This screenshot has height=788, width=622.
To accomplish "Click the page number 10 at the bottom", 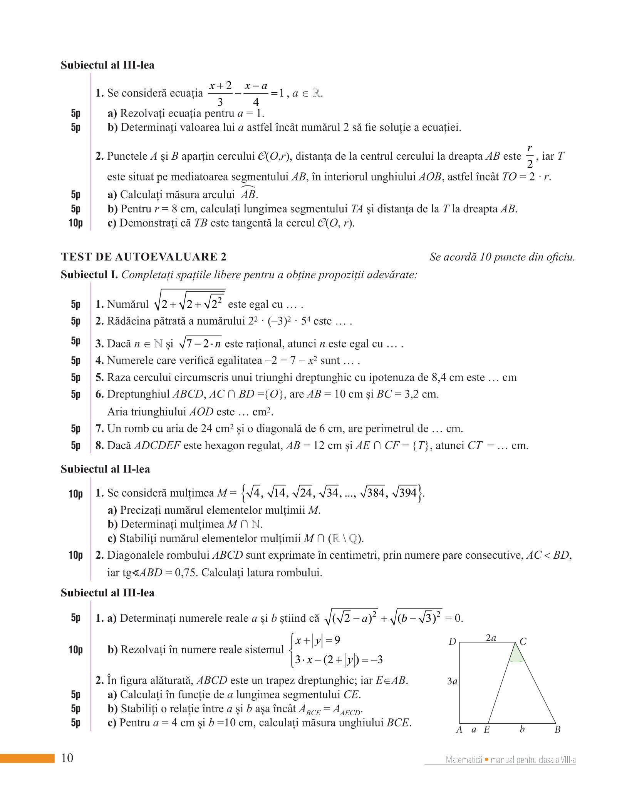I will (67, 758).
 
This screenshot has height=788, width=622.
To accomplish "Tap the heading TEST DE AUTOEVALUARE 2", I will (144, 257).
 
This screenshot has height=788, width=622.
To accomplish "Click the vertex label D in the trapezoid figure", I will (452, 641).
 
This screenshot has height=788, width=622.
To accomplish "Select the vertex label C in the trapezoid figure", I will (523, 641).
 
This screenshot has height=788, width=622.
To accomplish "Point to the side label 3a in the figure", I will (452, 681).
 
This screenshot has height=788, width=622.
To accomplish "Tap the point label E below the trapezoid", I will (487, 730).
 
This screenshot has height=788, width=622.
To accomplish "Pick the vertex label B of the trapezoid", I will (557, 730).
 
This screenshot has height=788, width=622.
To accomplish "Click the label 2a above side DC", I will (491, 638).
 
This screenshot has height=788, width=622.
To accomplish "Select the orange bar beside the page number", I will (27, 758).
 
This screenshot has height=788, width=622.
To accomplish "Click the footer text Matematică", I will (464, 760).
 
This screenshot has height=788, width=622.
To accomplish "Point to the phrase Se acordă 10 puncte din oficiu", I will (502, 257).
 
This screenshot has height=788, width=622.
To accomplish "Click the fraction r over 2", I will (530, 156).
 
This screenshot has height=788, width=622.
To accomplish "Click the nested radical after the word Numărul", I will (189, 300).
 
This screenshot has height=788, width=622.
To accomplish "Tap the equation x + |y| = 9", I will (317, 640).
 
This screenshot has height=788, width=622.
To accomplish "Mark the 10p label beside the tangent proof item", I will (75, 223).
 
